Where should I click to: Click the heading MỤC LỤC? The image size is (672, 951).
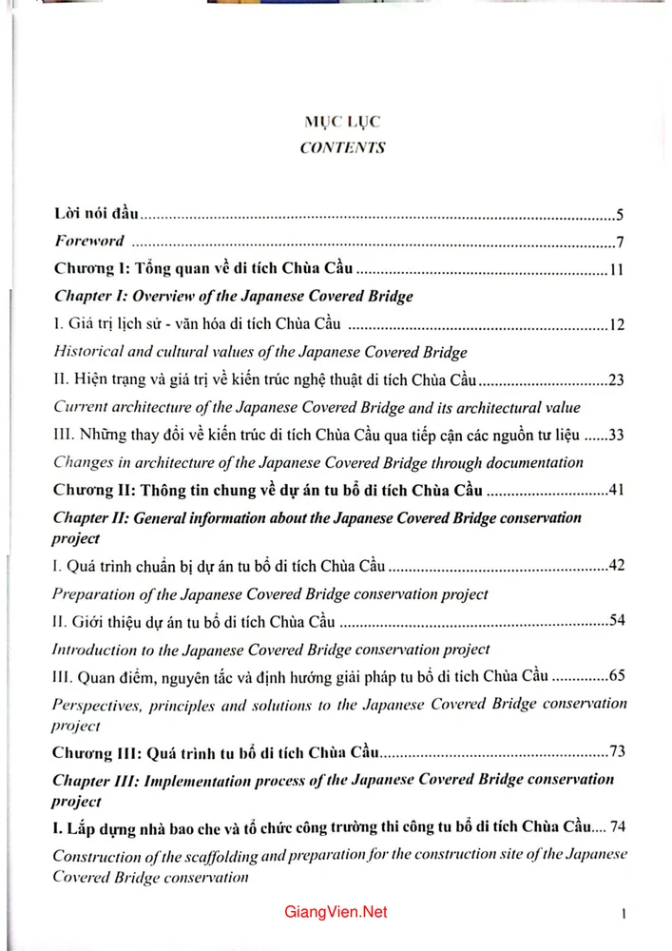(342, 123)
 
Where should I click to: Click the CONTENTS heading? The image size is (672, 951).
(342, 147)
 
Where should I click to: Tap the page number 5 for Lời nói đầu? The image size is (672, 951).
(619, 215)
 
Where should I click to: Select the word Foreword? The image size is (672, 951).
(89, 242)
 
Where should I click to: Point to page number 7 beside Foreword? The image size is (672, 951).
(619, 242)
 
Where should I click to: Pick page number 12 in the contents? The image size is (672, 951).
(616, 325)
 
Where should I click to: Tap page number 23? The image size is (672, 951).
(616, 381)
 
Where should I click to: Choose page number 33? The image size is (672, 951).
(616, 437)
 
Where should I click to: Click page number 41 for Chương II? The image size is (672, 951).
(616, 492)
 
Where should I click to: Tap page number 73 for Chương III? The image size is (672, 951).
(616, 752)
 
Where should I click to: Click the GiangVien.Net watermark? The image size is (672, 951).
(336, 912)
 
